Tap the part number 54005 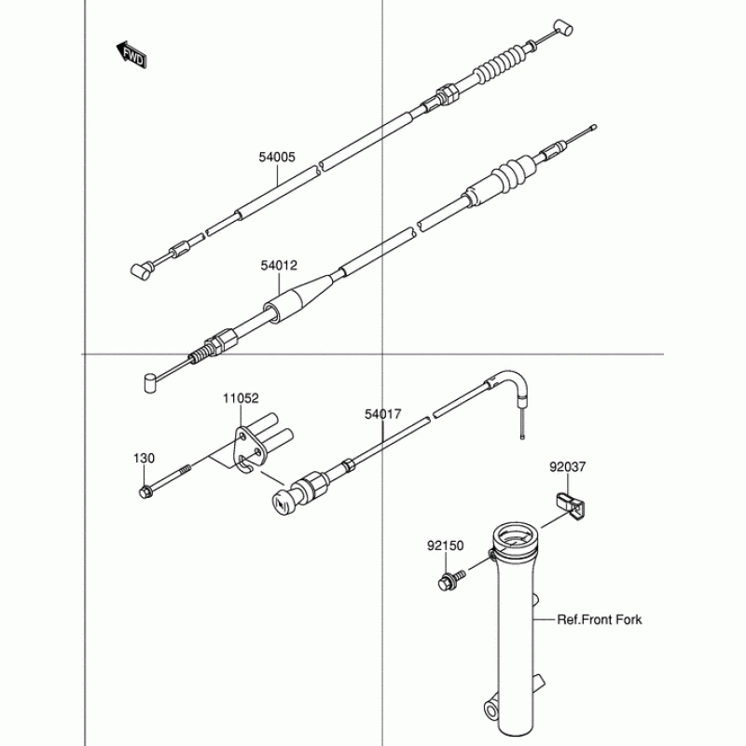tap(277, 158)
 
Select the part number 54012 tap(279, 266)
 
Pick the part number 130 tap(144, 459)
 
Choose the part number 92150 tap(447, 545)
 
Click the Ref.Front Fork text tap(600, 619)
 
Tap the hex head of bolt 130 tap(145, 492)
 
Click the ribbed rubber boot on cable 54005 tap(495, 66)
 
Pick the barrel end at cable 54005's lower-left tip tap(141, 270)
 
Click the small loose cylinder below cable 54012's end tap(148, 384)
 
